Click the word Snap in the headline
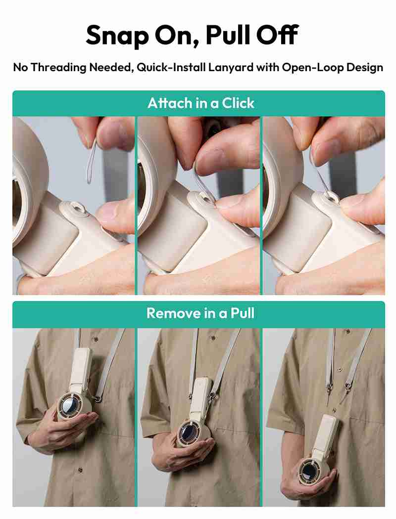(117, 36)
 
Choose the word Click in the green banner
(238, 103)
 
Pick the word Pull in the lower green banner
(242, 313)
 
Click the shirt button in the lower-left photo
(80, 470)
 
